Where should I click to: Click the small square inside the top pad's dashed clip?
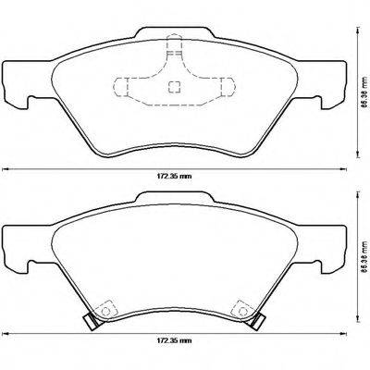pyautogui.click(x=171, y=89)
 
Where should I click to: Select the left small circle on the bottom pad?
pyautogui.click(x=105, y=307)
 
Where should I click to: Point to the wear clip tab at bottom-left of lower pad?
pyautogui.click(x=92, y=323)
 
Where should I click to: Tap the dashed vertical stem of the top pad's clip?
pyautogui.click(x=171, y=55)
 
